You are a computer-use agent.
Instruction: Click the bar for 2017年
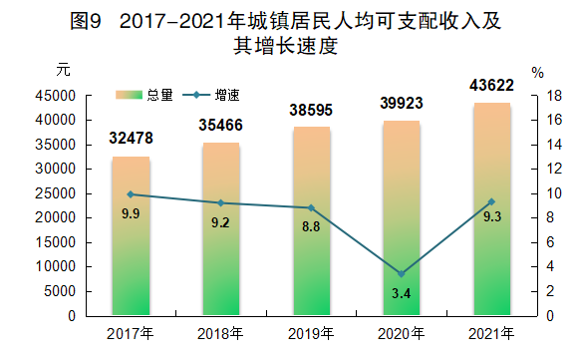pyautogui.click(x=131, y=235)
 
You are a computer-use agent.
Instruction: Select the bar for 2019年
pyautogui.click(x=311, y=220)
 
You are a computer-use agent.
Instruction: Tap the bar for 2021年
pyautogui.click(x=491, y=208)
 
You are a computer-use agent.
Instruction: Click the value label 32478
pyautogui.click(x=131, y=138)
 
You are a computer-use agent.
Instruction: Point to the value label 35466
pyautogui.click(x=221, y=125)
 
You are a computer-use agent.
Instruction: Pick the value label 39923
pyautogui.click(x=401, y=103)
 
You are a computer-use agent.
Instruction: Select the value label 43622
pyautogui.click(x=491, y=86)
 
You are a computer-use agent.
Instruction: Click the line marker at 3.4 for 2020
pyautogui.click(x=402, y=273)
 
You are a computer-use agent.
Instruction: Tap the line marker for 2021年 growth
pyautogui.click(x=491, y=201)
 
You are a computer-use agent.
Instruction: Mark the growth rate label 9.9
pyautogui.click(x=131, y=213)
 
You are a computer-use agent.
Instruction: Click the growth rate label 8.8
pyautogui.click(x=311, y=226)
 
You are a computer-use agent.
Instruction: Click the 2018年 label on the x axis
pyautogui.click(x=221, y=333)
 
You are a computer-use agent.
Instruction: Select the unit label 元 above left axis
pyautogui.click(x=64, y=70)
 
